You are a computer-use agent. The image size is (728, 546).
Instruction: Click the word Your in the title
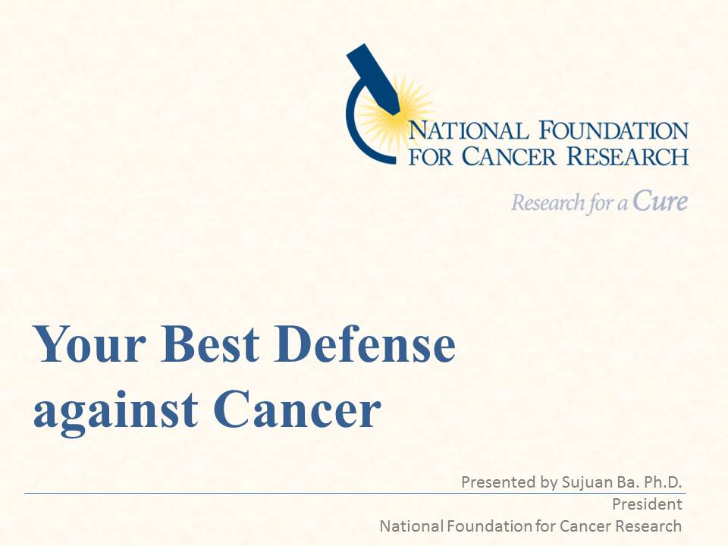[x=89, y=344]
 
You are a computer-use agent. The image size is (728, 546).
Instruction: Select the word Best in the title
[x=210, y=344]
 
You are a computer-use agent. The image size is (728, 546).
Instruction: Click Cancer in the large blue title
[x=297, y=409]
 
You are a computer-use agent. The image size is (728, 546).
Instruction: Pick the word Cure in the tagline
[x=660, y=201]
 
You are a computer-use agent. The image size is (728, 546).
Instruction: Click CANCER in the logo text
[x=508, y=156]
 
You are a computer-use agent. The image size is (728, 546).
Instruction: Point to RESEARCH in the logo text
[x=627, y=156]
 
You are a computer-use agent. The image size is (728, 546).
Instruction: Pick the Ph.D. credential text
[x=661, y=482]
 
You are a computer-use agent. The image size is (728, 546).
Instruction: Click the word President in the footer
[x=647, y=504]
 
